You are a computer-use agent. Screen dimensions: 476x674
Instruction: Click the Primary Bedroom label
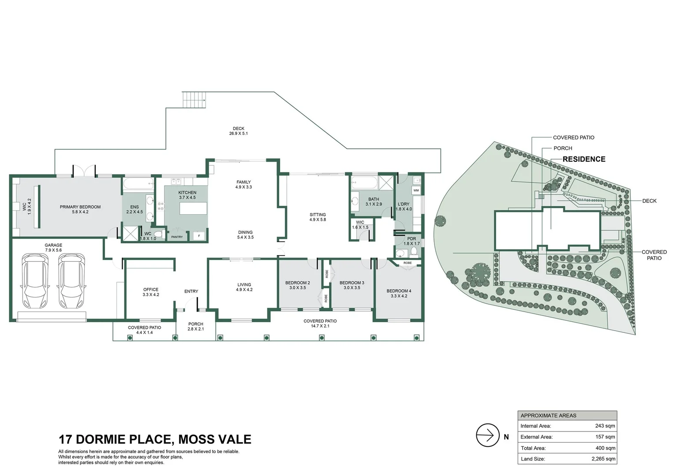click(80, 207)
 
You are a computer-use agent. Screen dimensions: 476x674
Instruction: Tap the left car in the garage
click(34, 281)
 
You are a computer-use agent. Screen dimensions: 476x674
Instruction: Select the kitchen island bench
click(193, 208)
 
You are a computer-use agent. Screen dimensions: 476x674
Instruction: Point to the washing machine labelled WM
click(416, 190)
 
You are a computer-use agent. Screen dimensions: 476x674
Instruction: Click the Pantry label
click(177, 237)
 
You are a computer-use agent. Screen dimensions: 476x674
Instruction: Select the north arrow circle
click(487, 435)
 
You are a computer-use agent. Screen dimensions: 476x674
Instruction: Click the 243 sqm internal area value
click(605, 426)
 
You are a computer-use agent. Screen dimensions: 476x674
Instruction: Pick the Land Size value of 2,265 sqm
click(603, 459)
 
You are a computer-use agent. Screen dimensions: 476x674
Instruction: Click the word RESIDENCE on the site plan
click(584, 159)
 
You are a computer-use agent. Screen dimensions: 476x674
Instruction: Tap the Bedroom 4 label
click(399, 291)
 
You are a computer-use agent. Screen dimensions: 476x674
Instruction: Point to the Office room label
click(151, 290)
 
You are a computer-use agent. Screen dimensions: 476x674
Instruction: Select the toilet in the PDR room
click(414, 252)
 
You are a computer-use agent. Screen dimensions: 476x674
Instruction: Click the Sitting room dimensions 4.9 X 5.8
click(318, 219)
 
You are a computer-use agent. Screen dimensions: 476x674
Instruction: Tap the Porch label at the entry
click(196, 324)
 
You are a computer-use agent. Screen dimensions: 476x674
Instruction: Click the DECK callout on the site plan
click(649, 201)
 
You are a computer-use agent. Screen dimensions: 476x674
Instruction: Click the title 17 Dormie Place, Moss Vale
click(155, 439)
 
